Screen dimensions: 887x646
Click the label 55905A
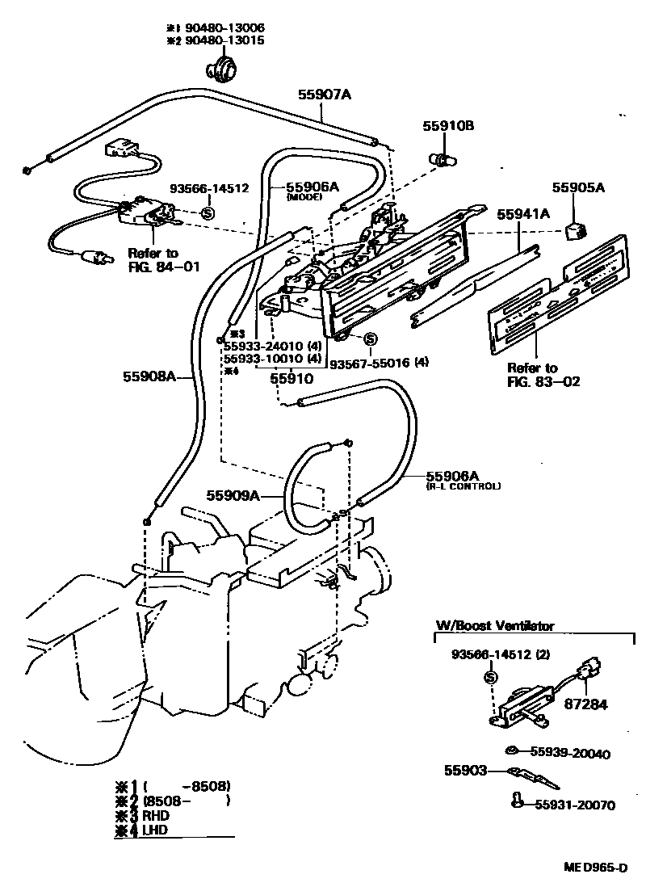click(579, 187)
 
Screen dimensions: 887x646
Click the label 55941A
click(523, 214)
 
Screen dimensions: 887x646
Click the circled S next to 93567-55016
click(370, 339)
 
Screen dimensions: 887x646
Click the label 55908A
click(149, 376)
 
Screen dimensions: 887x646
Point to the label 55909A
click(233, 495)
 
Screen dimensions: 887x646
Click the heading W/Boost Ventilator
click(495, 625)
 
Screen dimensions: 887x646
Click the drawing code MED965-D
click(596, 868)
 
